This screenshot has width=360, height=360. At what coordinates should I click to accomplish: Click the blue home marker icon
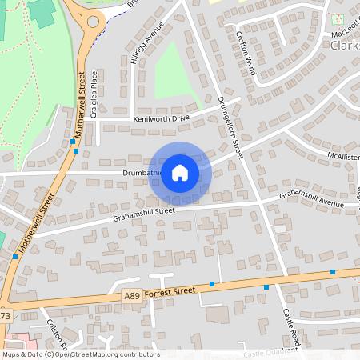coord(180,173)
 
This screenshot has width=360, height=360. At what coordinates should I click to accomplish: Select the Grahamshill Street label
coord(143,211)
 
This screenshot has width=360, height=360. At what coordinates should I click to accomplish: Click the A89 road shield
coord(133,296)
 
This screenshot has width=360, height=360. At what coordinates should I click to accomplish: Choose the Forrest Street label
coord(171,293)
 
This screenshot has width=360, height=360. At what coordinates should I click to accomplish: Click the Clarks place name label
coord(345,46)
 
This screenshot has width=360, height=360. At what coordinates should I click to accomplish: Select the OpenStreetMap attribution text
coord(80,354)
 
